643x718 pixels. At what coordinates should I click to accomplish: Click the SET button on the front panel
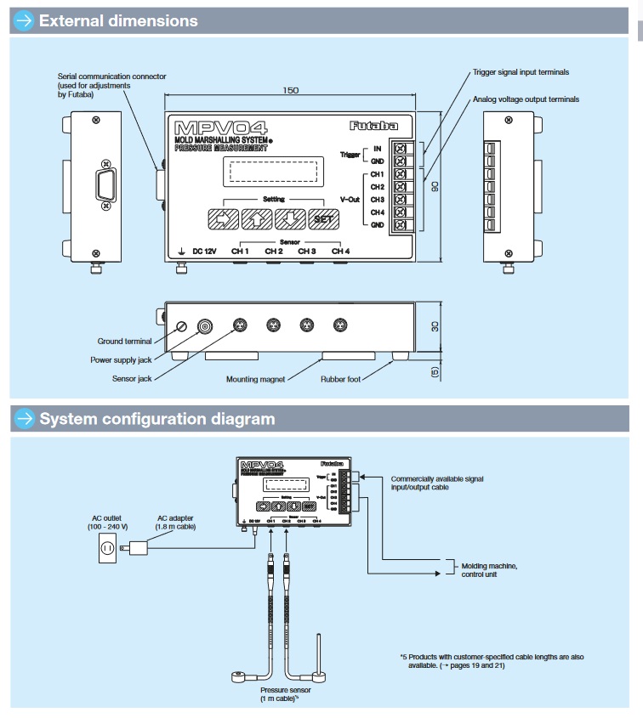(x=323, y=218)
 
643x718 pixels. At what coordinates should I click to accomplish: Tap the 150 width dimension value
(x=291, y=90)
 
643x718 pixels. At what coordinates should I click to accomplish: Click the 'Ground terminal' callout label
(x=125, y=342)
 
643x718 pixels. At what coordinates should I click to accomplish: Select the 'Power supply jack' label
(x=120, y=359)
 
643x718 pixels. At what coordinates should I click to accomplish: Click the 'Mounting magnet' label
(x=255, y=378)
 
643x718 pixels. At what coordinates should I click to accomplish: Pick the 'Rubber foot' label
(x=343, y=378)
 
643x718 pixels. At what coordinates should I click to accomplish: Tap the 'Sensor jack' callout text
(x=132, y=378)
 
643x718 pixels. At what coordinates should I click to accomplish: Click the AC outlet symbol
(x=108, y=548)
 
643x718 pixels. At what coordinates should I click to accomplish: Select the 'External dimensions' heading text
(x=118, y=20)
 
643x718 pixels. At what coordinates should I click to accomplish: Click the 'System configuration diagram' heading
(x=157, y=419)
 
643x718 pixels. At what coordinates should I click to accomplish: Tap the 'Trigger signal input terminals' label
(x=521, y=72)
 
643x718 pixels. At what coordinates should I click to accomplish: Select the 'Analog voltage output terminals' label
(x=526, y=99)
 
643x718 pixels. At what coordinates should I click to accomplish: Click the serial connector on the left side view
(x=105, y=184)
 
